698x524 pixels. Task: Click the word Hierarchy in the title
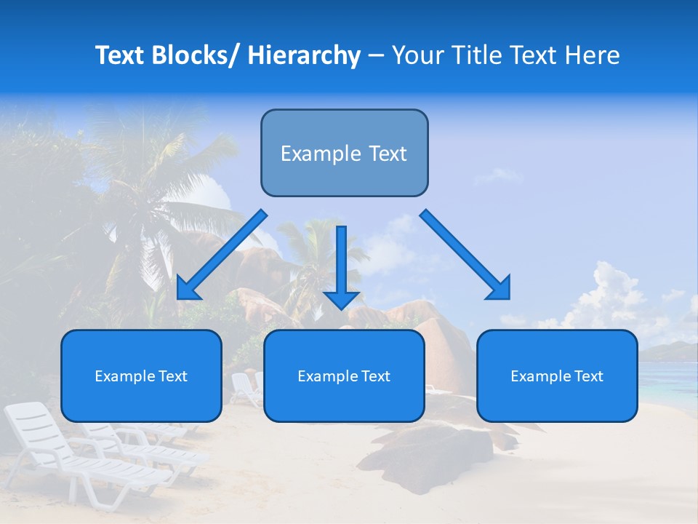[304, 55]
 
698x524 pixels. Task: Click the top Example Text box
[344, 153]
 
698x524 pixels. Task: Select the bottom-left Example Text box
[141, 376]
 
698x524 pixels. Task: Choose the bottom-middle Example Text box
[344, 376]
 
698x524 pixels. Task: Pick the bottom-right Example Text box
[557, 376]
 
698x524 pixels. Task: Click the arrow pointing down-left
[222, 255]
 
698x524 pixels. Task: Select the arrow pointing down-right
[465, 255]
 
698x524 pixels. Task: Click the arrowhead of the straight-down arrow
[341, 298]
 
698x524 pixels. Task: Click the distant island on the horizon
[669, 351]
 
